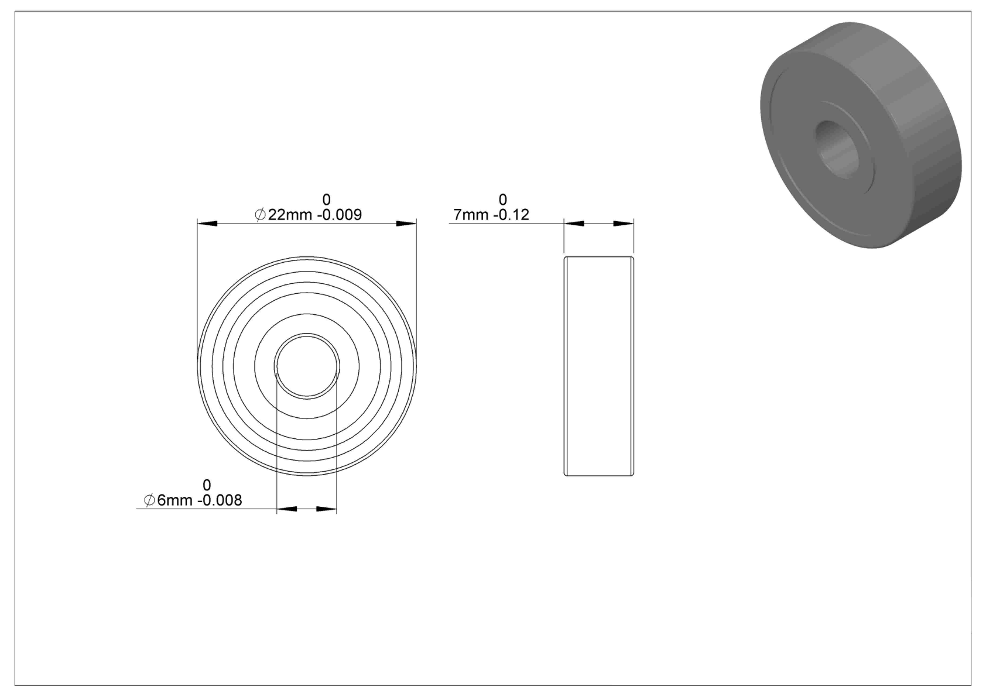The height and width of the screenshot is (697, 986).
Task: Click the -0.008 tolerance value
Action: [x=220, y=500]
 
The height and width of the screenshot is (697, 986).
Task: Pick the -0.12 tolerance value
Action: [x=511, y=215]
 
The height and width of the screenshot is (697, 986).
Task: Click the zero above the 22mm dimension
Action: [x=326, y=200]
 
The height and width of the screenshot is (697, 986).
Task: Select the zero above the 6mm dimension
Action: [x=207, y=485]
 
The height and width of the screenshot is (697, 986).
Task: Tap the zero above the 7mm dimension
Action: [x=503, y=200]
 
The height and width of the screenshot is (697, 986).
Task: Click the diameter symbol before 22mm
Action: [x=260, y=215]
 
